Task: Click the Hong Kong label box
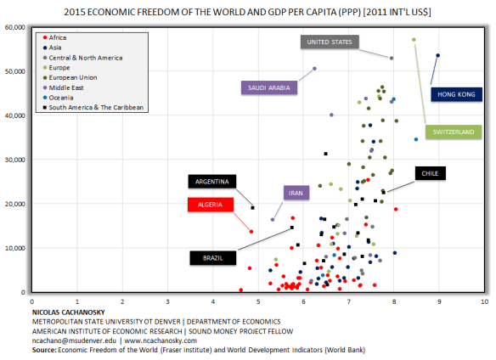pos(456,95)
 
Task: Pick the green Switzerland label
pos(454,132)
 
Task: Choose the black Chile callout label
pos(429,173)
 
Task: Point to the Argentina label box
pos(211,182)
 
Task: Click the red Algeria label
pos(211,204)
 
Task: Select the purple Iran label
pos(296,194)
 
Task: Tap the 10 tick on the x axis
pos(483,301)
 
